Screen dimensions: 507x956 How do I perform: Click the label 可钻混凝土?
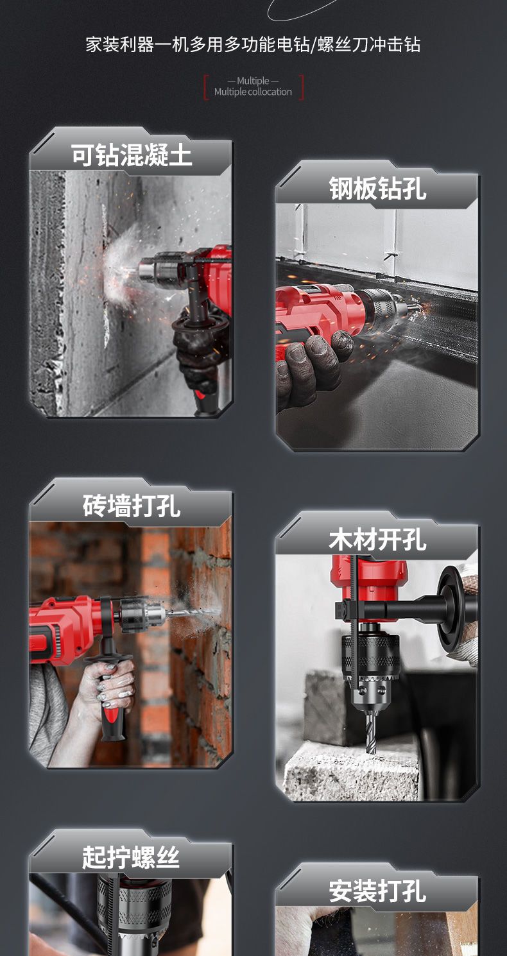[132, 155]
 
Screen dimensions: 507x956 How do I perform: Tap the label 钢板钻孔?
[378, 188]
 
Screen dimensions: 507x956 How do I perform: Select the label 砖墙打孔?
[132, 506]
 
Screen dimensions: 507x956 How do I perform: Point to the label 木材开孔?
[378, 539]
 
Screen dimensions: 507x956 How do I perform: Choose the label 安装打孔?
[378, 891]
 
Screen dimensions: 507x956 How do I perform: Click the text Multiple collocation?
[253, 92]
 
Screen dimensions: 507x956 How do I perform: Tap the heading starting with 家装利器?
[253, 44]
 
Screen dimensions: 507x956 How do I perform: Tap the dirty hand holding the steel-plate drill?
[309, 369]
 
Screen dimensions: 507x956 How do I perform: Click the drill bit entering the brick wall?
[192, 613]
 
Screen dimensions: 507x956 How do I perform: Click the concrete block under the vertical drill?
[350, 773]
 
